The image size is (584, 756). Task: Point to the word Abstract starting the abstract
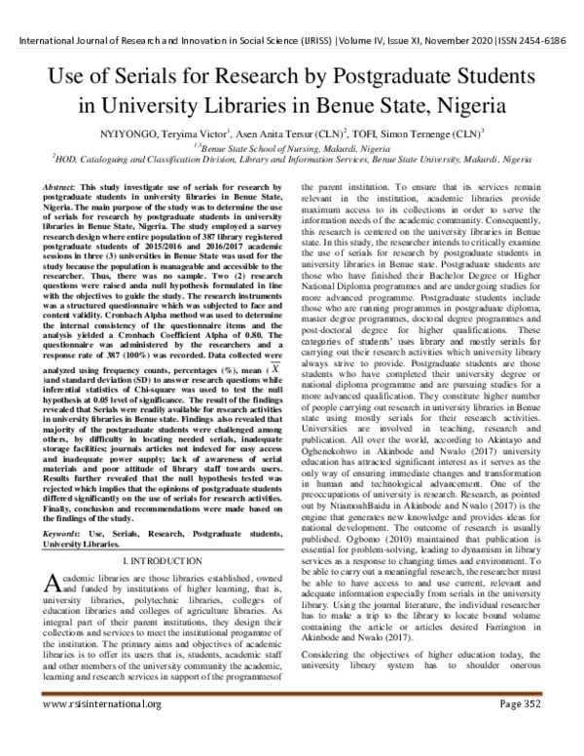coord(59,185)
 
